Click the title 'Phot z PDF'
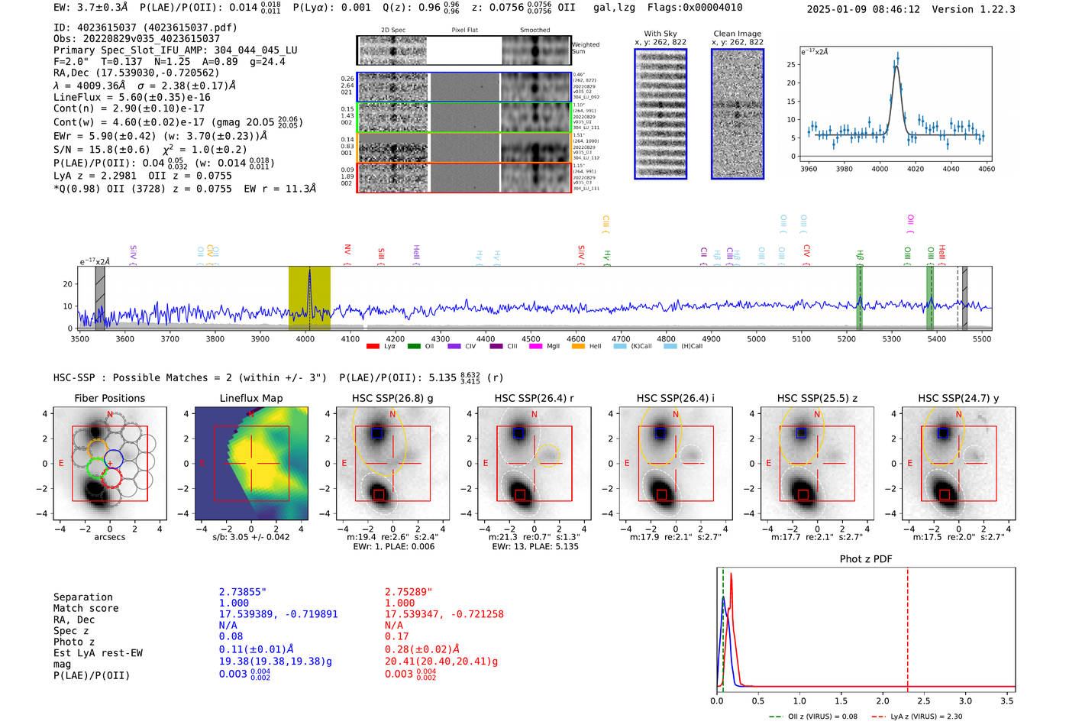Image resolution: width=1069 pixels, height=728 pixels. click(866, 559)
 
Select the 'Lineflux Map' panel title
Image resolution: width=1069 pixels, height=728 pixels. click(250, 398)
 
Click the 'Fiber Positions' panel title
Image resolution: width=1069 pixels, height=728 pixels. click(109, 398)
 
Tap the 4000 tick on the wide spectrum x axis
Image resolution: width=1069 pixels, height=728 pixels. click(305, 339)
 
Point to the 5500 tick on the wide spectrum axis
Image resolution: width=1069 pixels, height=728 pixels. click(982, 339)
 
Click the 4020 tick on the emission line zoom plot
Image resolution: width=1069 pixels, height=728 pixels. click(916, 169)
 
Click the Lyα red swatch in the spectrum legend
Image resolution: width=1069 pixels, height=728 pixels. click(373, 347)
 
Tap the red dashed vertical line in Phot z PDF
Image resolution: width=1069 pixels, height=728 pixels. click(907, 626)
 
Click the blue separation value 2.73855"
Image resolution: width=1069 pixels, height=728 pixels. click(243, 592)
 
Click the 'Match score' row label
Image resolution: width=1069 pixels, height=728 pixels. click(86, 608)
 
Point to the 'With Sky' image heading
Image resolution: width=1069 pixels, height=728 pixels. click(660, 34)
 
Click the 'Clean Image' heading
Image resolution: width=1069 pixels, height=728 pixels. click(737, 34)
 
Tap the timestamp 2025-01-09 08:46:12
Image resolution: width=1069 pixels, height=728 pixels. click(863, 10)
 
